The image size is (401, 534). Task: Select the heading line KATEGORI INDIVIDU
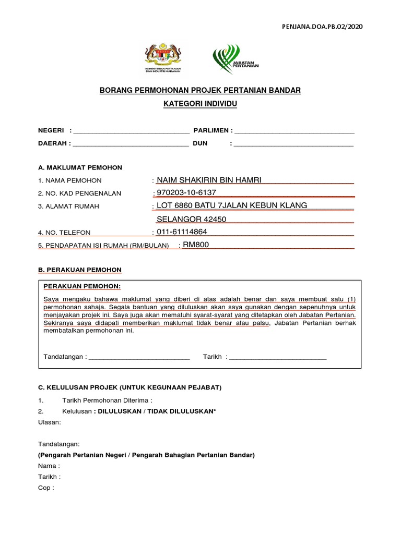tap(200, 104)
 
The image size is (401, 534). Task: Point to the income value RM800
tap(196, 244)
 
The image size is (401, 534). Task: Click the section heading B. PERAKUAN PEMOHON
tap(80, 270)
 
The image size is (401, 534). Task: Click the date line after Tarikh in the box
tap(278, 358)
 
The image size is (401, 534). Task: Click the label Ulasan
tap(50, 422)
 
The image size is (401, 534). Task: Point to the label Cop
tap(46, 488)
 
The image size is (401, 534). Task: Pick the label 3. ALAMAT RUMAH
tap(69, 207)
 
